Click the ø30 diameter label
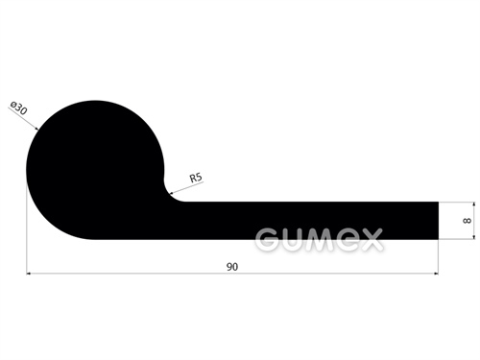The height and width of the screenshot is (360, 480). click(x=19, y=108)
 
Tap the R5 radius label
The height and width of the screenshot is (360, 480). click(x=196, y=178)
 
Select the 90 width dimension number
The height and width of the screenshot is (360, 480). click(x=232, y=267)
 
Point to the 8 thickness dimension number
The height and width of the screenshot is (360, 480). click(x=467, y=221)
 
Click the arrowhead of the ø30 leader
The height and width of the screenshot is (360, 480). click(x=36, y=129)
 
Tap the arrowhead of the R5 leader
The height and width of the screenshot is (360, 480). click(x=171, y=193)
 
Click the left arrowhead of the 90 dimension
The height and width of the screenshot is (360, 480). click(x=29, y=274)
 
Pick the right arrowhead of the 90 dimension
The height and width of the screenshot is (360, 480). click(x=436, y=274)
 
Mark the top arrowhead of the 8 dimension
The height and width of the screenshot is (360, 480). click(x=473, y=204)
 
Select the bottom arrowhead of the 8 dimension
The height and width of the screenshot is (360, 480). click(x=473, y=237)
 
